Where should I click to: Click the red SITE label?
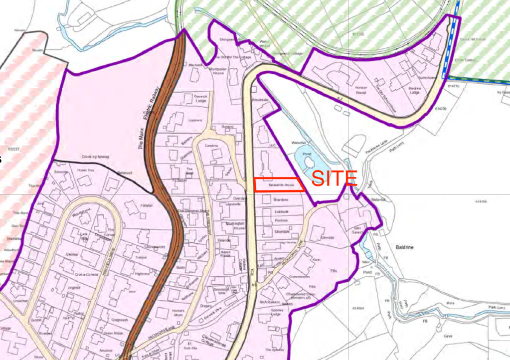point(335,179)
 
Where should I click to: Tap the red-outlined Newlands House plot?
point(279,184)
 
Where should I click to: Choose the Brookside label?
point(261,100)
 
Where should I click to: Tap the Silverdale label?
point(282,232)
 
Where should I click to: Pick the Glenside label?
point(328,239)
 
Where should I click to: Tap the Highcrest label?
point(143,274)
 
